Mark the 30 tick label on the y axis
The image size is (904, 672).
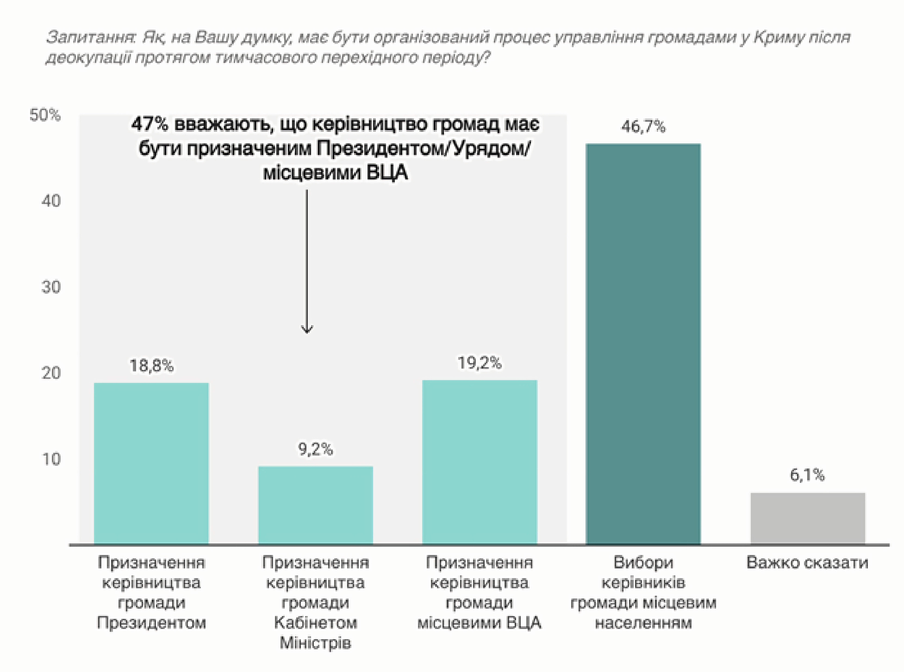coord(51,287)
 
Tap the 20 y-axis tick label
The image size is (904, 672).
coord(51,373)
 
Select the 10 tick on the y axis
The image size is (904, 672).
coord(51,459)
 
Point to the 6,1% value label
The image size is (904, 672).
coord(807,475)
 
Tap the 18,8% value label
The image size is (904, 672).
coord(151,366)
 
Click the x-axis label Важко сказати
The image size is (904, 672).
coord(807,563)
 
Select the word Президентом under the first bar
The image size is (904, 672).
coord(151,623)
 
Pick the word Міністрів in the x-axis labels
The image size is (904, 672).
coord(315,643)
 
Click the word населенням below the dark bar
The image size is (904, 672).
coord(643,623)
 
